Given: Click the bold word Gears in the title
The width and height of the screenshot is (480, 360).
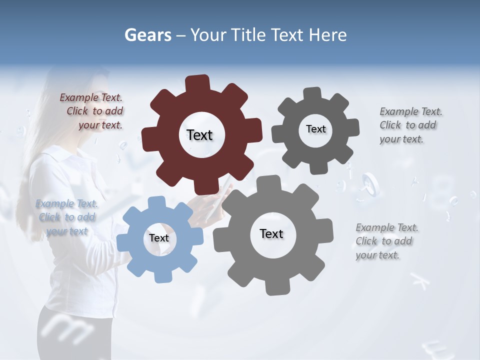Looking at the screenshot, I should pos(147,35).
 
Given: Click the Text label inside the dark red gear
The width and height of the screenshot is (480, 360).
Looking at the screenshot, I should pos(199,135).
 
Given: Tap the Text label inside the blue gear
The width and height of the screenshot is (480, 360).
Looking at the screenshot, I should pos(159,238).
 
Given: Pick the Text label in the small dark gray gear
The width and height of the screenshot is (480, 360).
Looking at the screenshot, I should pos(315,129).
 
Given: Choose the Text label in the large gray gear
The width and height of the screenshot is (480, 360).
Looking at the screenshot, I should pos(271,233).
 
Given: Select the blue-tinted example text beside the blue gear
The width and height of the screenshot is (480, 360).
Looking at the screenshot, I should pos(66,217).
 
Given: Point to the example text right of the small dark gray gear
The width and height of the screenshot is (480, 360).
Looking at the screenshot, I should pos(409,125).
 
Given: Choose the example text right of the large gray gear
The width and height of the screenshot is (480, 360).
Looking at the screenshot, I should pos(386,241).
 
